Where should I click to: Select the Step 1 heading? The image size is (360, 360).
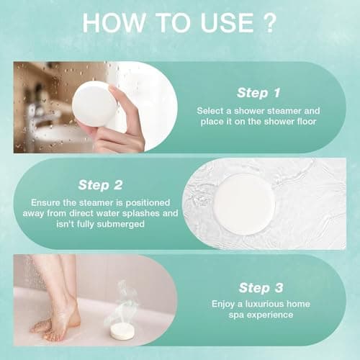pyautogui.click(x=260, y=92)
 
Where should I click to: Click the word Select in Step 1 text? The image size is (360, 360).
pyautogui.click(x=211, y=111)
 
